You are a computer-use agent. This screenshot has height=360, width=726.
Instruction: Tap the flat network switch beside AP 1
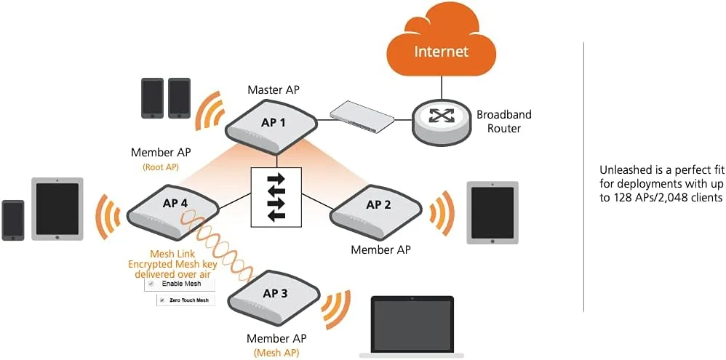[x=361, y=116]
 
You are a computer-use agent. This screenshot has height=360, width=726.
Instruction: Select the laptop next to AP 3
[x=412, y=326]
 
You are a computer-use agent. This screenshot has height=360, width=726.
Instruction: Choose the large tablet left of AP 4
[x=57, y=209]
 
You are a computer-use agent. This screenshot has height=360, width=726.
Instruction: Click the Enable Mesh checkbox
[x=151, y=284]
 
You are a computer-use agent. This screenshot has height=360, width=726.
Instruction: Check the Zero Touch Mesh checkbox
[x=161, y=300]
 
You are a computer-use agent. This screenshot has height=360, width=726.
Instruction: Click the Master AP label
[x=273, y=90]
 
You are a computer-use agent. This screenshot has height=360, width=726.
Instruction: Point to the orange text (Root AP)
[x=161, y=167]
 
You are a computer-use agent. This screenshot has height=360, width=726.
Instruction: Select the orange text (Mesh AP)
[x=276, y=353]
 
